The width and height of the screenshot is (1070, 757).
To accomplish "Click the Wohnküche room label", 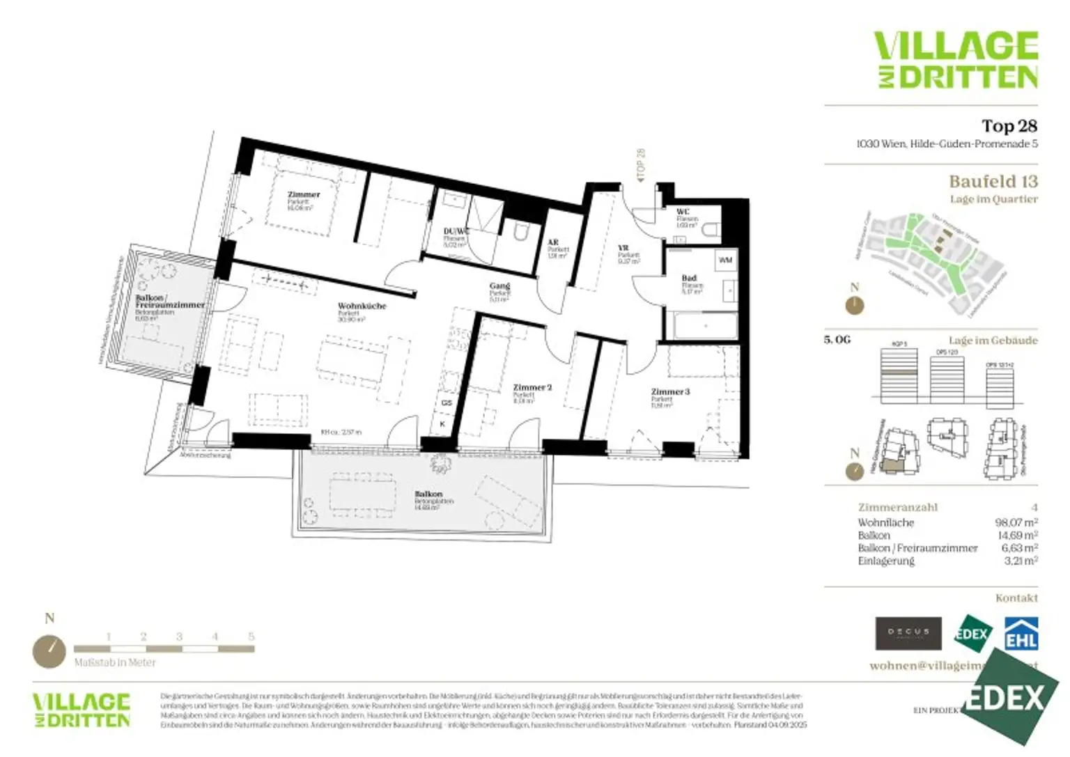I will coord(362,306).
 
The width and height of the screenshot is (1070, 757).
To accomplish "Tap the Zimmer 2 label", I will coord(532,387).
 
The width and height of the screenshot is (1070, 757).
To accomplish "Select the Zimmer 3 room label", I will coord(670,391).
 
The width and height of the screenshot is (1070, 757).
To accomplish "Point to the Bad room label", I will coord(689,278).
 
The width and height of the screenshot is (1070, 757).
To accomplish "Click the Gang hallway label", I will coord(499,286).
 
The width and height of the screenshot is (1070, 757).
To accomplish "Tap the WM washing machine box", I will coord(725,260).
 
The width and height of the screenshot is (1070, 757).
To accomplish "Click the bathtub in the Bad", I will coord(705,325).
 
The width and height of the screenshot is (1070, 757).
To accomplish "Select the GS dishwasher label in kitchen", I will coord(447,403).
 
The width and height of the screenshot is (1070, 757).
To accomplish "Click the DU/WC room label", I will coord(456,231).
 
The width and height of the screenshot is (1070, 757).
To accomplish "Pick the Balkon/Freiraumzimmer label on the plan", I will coord(170,302).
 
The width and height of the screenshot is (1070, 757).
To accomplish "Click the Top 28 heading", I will coord(1009,126).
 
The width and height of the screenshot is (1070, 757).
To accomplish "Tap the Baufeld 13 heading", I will coord(993,181).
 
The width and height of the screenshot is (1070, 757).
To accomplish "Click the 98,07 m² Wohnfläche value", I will coord(1016,522).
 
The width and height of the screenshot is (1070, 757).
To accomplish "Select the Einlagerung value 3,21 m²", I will coord(1021,561).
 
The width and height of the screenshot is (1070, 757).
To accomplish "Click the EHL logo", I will coord(1021,634).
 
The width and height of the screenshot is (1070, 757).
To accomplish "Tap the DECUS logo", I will coord(908,633).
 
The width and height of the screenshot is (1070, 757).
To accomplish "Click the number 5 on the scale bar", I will coord(251,637).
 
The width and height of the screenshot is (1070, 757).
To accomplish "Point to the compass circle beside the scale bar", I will coord(49,651).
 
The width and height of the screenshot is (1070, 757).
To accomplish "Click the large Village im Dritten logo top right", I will coord(956,60).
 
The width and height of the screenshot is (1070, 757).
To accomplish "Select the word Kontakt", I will coord(1016,598).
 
